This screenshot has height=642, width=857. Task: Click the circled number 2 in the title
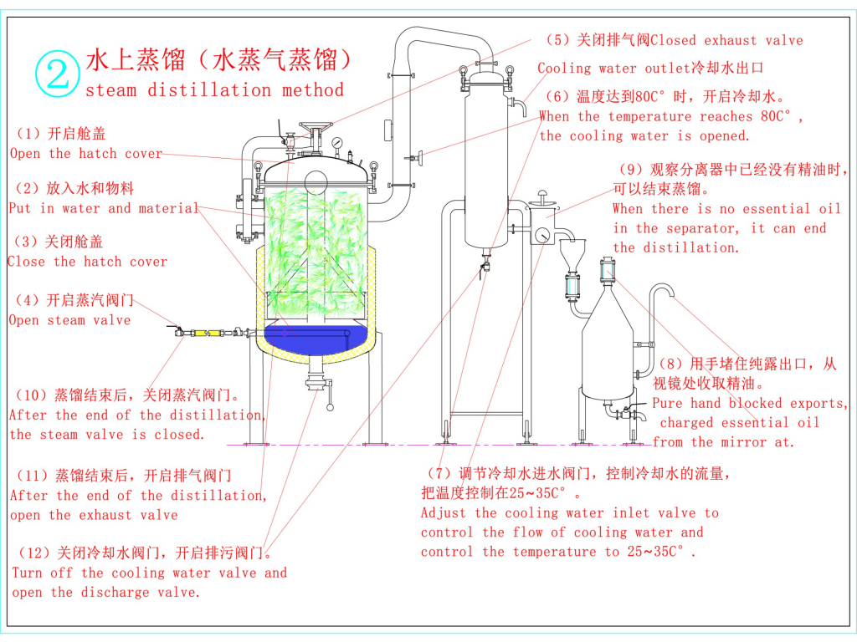point(57,73)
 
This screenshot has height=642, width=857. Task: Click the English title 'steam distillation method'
point(214,90)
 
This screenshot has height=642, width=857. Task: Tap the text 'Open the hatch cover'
point(86,154)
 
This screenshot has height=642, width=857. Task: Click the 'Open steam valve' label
point(69,320)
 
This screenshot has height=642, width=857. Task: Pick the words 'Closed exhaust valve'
point(726,40)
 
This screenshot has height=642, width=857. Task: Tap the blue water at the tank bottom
point(318,338)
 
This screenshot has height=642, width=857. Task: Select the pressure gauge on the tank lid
point(336,143)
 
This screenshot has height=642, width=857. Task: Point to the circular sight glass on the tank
point(316,181)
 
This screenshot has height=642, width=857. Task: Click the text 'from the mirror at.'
point(723,442)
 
